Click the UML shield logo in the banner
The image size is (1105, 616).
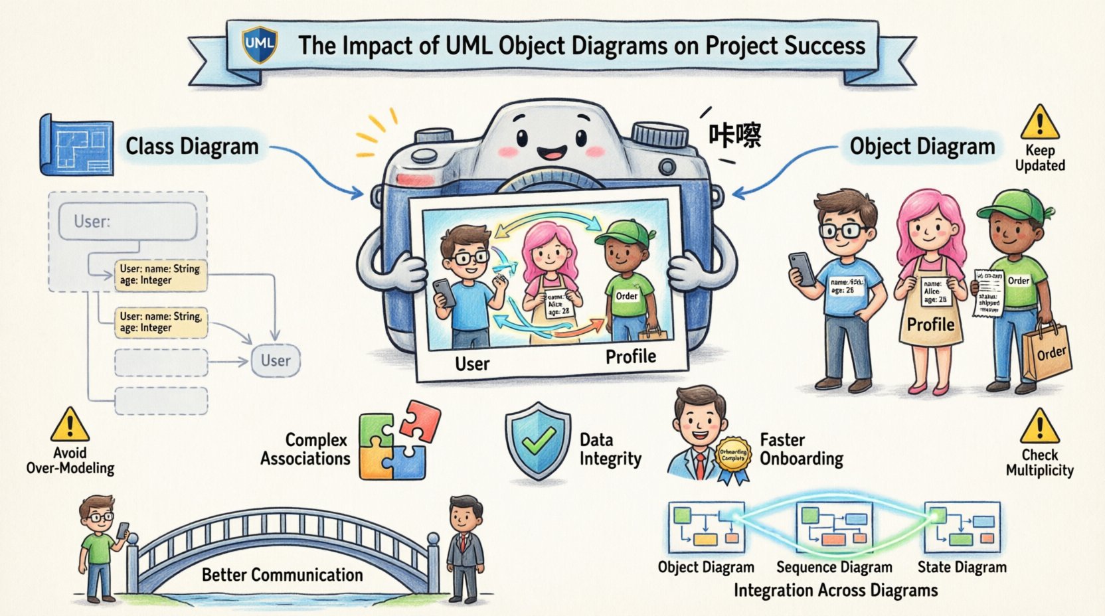coord(259,44)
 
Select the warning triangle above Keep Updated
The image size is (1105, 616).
coord(1039,123)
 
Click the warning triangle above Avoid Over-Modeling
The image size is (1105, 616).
coord(69,425)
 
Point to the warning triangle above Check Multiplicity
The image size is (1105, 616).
coord(1039,426)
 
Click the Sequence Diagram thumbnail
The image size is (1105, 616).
coord(834,527)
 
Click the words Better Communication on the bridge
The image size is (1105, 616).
coord(282,575)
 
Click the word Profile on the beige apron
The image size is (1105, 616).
coord(930,325)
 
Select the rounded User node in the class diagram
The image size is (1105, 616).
coord(276,360)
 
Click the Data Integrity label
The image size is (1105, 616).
coord(610,449)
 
